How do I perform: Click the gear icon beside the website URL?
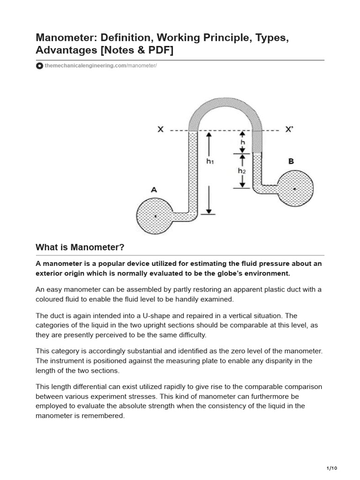(x=39, y=66)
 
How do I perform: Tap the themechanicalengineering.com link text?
(x=85, y=66)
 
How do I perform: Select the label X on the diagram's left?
(x=160, y=129)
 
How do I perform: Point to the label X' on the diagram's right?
(x=289, y=129)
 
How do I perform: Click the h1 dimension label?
(x=210, y=161)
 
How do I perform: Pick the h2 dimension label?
(x=241, y=171)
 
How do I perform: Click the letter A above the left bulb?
(x=153, y=190)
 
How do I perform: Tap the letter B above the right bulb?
(x=291, y=161)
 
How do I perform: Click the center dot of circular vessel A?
(x=155, y=217)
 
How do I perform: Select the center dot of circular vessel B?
(x=294, y=188)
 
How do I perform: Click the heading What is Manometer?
(x=80, y=247)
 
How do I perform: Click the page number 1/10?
(x=331, y=468)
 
